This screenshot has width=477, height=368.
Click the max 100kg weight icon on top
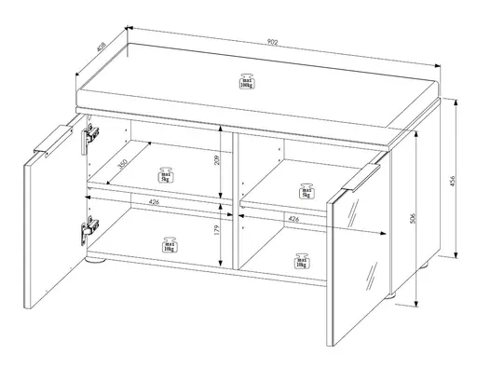point(247,85)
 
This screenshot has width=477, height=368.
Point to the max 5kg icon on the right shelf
point(305,191)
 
